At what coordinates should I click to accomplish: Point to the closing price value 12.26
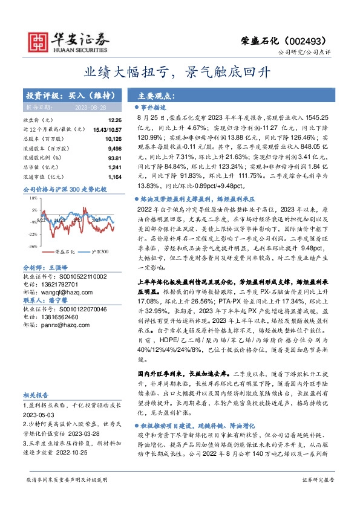click(x=115, y=120)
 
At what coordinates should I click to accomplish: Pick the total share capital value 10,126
click(x=113, y=137)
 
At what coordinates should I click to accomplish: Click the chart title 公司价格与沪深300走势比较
click(x=64, y=190)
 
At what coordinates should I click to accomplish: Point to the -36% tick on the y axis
click(x=33, y=247)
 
